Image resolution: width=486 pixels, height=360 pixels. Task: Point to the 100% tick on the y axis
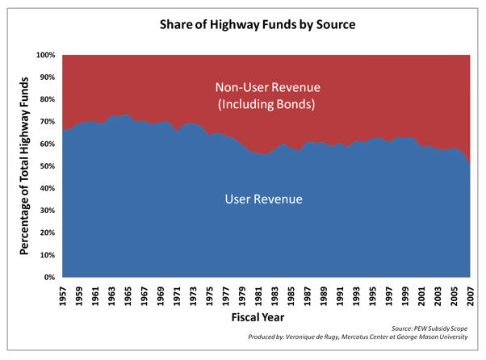[45, 56]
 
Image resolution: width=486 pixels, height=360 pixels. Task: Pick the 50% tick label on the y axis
[47, 166]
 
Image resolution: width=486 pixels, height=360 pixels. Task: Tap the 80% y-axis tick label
[47, 100]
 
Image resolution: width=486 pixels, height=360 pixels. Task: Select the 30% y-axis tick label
[47, 211]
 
